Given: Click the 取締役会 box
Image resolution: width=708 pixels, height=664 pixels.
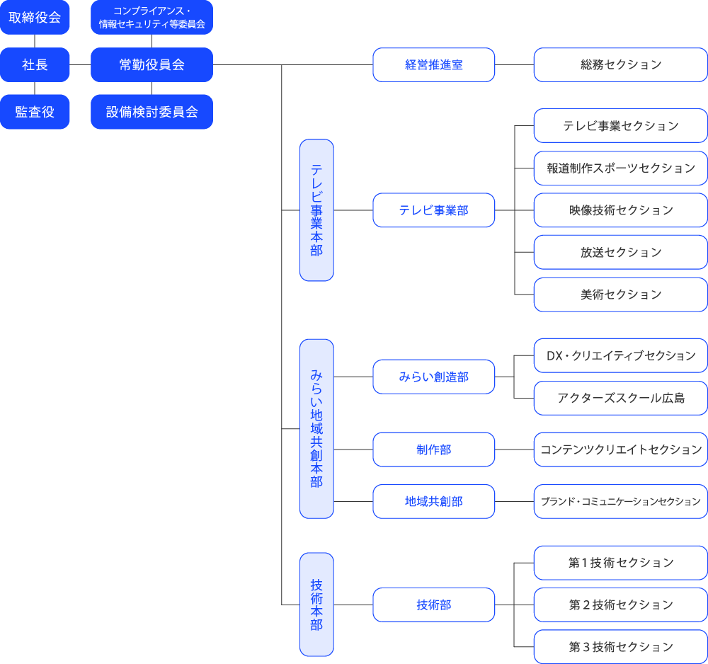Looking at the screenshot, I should [x=35, y=18].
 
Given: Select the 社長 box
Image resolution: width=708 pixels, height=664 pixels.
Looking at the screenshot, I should [x=35, y=65].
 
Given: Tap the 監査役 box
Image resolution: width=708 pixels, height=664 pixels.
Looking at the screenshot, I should [x=35, y=112].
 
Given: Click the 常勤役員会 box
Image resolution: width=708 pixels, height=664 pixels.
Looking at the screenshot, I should [x=152, y=65].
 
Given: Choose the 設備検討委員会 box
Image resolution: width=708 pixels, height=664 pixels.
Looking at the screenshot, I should [x=152, y=112].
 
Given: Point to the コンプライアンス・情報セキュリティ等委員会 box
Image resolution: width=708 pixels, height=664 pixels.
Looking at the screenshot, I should [x=152, y=18].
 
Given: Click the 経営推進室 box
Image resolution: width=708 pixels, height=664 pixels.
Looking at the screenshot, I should [x=433, y=65].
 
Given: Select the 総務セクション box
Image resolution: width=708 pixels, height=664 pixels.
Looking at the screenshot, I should [x=620, y=65].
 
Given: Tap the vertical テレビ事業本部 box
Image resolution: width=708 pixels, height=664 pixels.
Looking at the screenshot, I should [x=316, y=210].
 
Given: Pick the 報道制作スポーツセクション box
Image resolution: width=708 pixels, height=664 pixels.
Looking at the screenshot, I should [x=620, y=168].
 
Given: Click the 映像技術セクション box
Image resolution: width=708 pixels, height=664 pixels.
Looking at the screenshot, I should [x=620, y=210].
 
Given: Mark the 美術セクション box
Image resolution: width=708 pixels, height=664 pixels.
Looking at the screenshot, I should [x=620, y=294].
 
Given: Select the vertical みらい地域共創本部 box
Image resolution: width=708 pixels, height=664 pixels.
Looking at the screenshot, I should [x=316, y=428].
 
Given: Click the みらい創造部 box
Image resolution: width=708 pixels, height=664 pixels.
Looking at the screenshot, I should [x=433, y=377].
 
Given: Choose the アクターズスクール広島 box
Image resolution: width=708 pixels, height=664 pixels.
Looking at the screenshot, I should [x=620, y=398].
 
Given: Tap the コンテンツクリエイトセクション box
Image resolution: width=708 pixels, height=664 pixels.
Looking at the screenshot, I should [x=620, y=450].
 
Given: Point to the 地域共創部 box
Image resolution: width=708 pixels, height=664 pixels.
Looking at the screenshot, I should [x=433, y=501].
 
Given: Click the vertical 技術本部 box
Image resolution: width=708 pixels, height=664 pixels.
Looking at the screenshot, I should [x=316, y=605].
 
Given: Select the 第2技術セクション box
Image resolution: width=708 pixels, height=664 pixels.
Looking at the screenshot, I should [x=620, y=605].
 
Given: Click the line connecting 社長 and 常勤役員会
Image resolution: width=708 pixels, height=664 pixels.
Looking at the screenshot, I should [x=80, y=65].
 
